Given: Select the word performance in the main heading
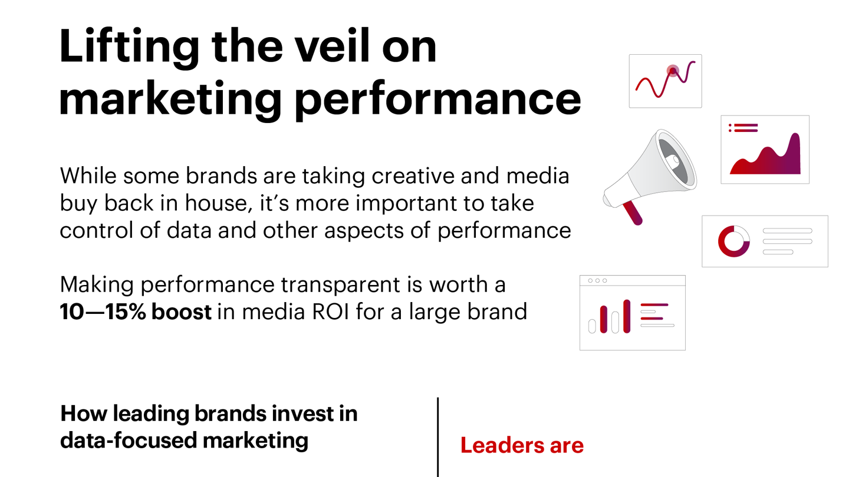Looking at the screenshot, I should coord(437,99).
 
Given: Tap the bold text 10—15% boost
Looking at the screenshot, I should coord(135,312).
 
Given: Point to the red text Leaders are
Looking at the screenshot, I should coord(522,445).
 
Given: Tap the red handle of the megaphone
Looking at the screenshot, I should coord(633,213).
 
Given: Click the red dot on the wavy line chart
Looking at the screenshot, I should coord(673,71).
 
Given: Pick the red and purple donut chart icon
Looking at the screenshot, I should coord(733,241).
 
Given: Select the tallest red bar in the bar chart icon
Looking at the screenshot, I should coord(627,316).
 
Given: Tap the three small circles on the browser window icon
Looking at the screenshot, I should coord(597,281).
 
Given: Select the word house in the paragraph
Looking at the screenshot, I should coord(217,203).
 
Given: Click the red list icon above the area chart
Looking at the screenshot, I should coord(743,128).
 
